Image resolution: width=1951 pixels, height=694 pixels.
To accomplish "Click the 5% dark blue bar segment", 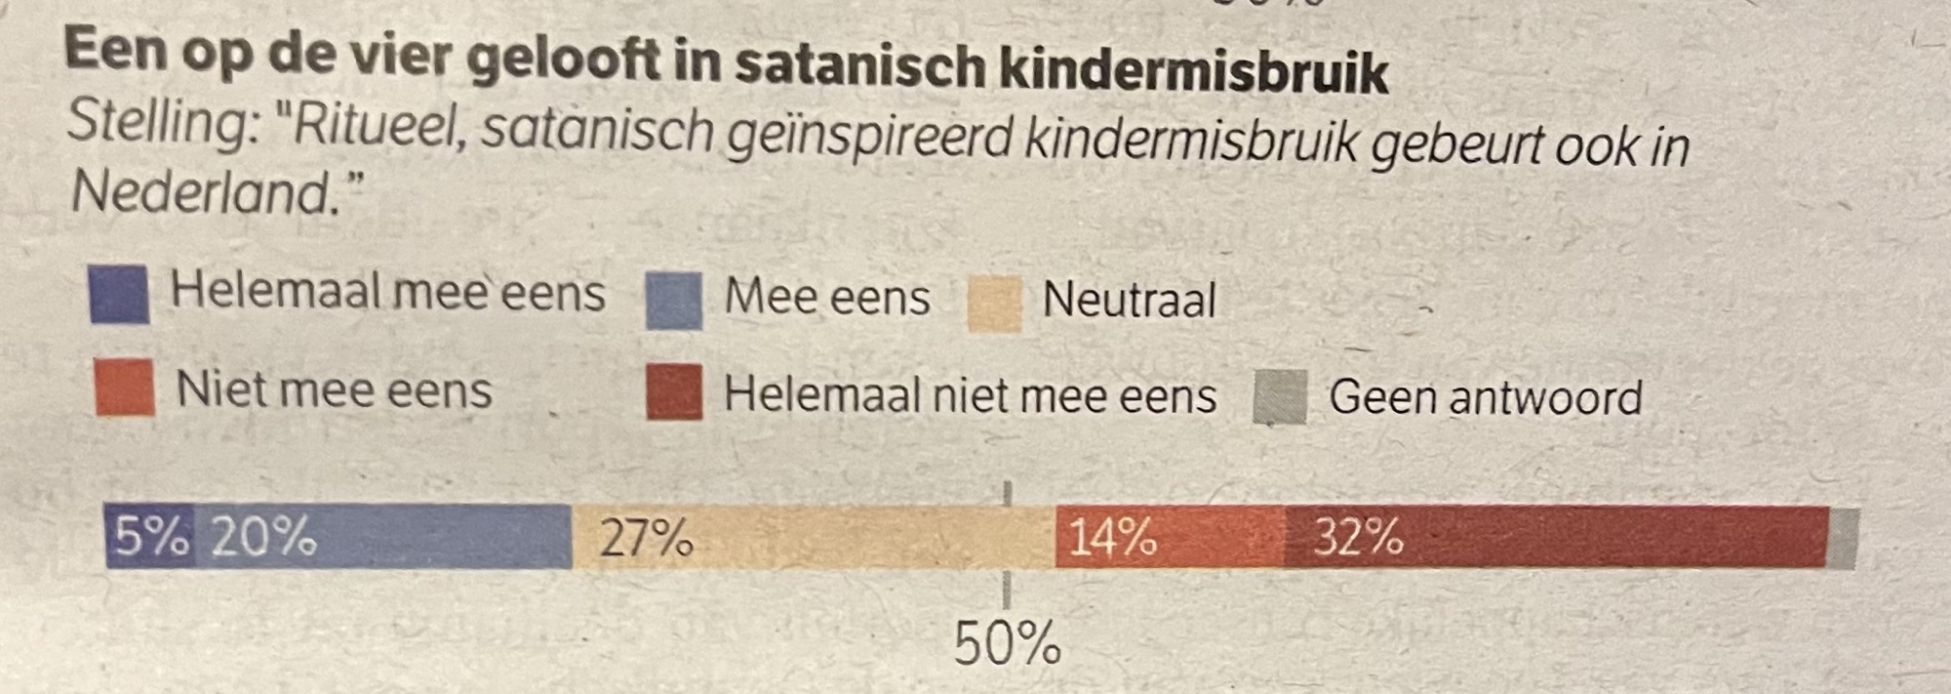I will point(149,536).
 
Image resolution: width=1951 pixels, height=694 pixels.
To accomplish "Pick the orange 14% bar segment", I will point(1169,538).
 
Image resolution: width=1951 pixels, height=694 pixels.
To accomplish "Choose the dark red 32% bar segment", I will point(1556,538).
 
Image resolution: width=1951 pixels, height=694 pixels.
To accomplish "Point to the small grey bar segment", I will point(1843,539).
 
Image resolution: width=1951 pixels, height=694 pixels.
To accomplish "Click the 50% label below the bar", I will point(1006,644).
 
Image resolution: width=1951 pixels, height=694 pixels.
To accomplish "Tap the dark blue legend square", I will point(119,294).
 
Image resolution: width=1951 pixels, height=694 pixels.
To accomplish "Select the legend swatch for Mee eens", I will point(673,301).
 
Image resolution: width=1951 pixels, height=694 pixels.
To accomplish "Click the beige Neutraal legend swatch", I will point(994,305).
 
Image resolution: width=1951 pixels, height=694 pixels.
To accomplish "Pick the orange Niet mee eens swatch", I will point(125,388).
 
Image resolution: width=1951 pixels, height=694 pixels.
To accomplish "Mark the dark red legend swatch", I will point(674,392).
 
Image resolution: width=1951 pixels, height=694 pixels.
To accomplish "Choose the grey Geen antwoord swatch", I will point(1280,397).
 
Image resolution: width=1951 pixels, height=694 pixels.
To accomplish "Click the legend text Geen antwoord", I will point(1485,398).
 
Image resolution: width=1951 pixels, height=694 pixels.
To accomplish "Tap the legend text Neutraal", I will point(1129,300).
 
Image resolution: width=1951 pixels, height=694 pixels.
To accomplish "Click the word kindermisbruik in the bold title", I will point(1193,70).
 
